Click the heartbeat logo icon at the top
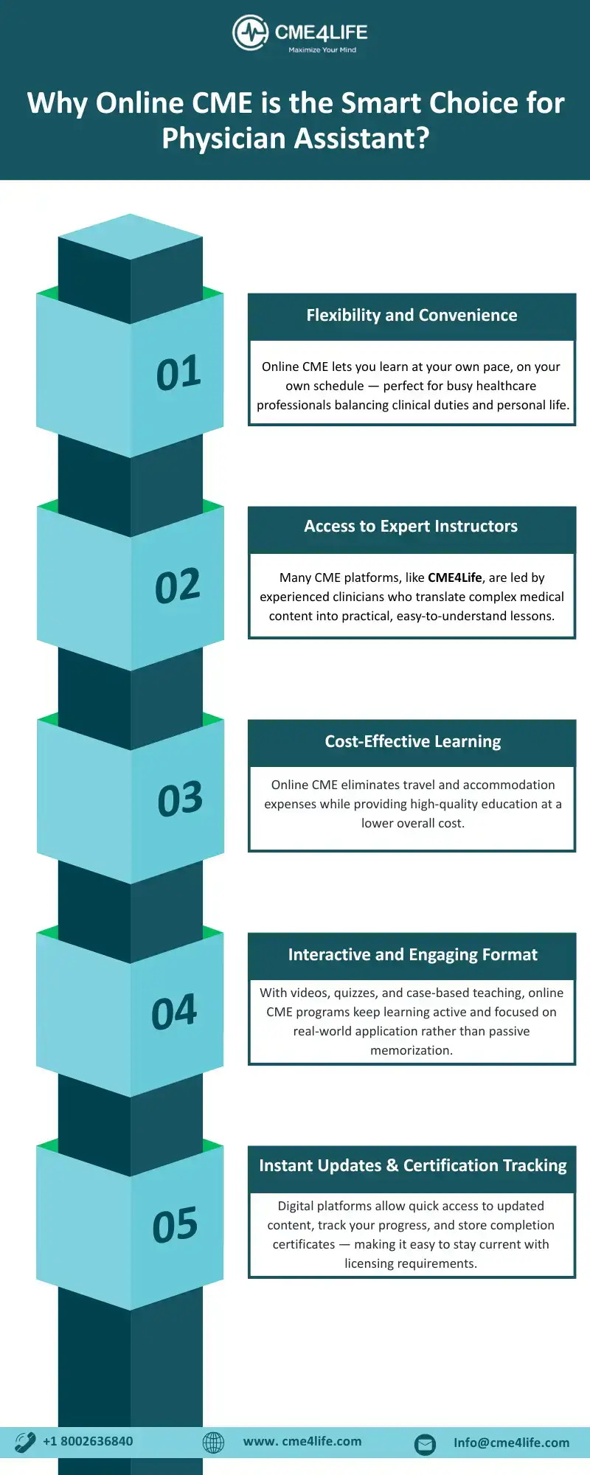pyautogui.click(x=250, y=32)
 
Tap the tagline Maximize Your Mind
pyautogui.click(x=322, y=50)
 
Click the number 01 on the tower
pyautogui.click(x=178, y=373)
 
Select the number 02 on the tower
pyautogui.click(x=178, y=586)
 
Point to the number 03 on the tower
pyautogui.click(x=180, y=799)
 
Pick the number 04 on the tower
pyautogui.click(x=174, y=1013)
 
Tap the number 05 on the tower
pyautogui.click(x=176, y=1226)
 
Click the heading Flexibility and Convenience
pyautogui.click(x=412, y=316)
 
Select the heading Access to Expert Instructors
pyautogui.click(x=411, y=527)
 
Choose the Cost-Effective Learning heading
pyautogui.click(x=413, y=742)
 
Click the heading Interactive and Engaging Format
pyautogui.click(x=413, y=955)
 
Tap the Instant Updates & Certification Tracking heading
pyautogui.click(x=413, y=1166)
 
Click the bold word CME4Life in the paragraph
pyautogui.click(x=455, y=577)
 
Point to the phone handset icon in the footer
pyautogui.click(x=25, y=1442)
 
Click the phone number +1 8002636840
pyautogui.click(x=88, y=1442)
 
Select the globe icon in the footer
pyautogui.click(x=213, y=1443)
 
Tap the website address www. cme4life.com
pyautogui.click(x=302, y=1442)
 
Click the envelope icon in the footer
pyautogui.click(x=426, y=1444)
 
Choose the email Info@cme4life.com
pyautogui.click(x=512, y=1443)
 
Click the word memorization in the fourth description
pyautogui.click(x=412, y=1050)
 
